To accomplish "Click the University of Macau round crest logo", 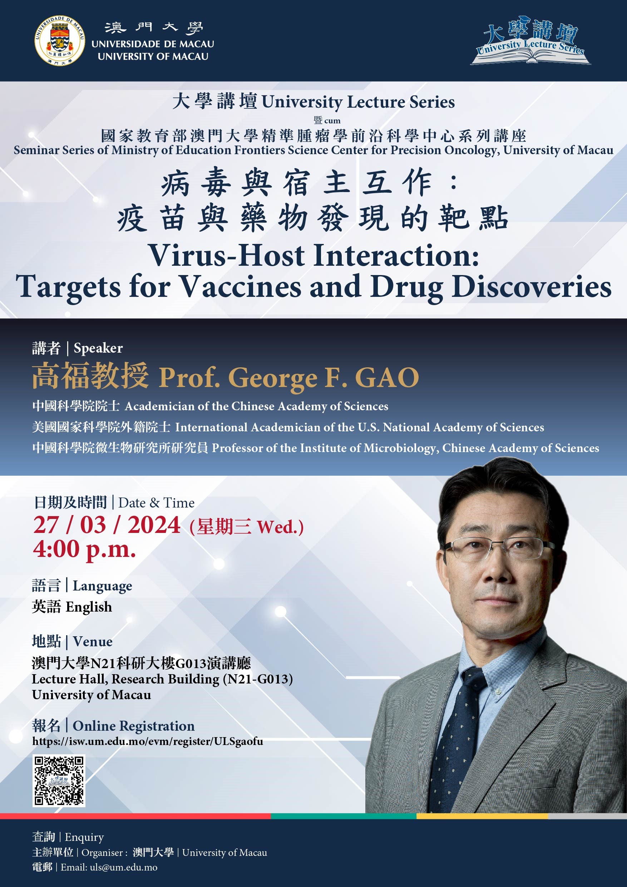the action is pyautogui.click(x=60, y=40).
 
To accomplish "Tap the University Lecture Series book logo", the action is pyautogui.click(x=530, y=40).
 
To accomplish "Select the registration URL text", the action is pyautogui.click(x=148, y=741).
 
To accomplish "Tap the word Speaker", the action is pyautogui.click(x=98, y=348).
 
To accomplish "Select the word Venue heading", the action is pyautogui.click(x=93, y=642).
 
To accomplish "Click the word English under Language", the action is pyautogui.click(x=89, y=607).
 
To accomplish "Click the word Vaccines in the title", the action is pyautogui.click(x=241, y=286).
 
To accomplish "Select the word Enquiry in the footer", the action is pyautogui.click(x=84, y=837).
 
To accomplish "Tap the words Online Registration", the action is pyautogui.click(x=134, y=726).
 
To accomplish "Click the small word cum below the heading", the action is pyautogui.click(x=332, y=121).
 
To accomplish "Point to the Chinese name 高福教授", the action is pyautogui.click(x=90, y=376).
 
